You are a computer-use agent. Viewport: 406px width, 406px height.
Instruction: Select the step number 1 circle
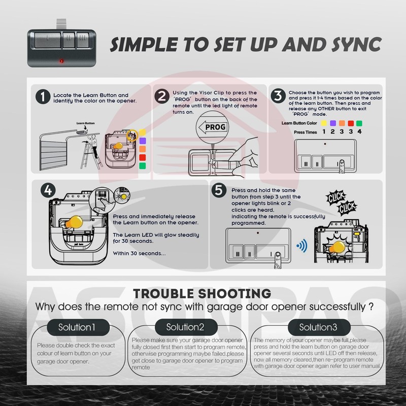[x=44, y=96]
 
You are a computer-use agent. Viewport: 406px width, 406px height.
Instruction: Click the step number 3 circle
[x=278, y=96]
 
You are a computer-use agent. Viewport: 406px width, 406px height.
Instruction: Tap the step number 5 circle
[x=219, y=190]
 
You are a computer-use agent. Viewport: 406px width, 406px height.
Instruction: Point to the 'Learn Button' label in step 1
[x=86, y=123]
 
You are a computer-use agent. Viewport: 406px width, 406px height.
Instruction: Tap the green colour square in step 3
[x=359, y=123]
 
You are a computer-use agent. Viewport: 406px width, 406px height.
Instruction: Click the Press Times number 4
[x=359, y=131]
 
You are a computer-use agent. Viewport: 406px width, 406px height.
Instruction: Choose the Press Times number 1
[x=324, y=131]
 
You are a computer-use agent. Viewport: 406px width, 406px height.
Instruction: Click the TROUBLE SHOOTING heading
[x=202, y=293]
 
